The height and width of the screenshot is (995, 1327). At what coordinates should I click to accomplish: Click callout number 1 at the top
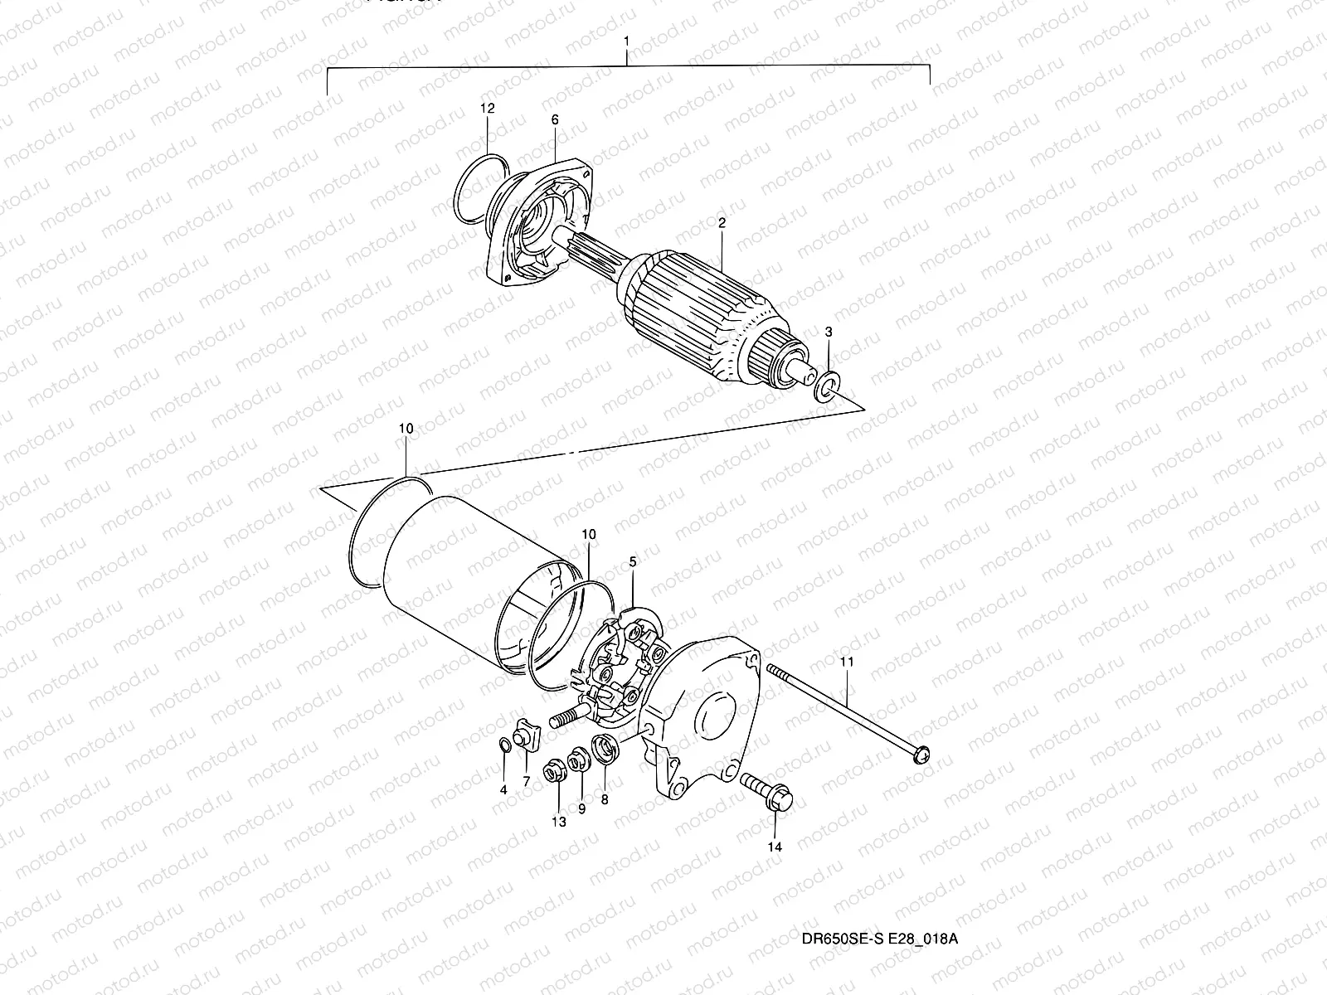(626, 41)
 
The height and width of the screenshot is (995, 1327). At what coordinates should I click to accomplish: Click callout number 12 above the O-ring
(487, 109)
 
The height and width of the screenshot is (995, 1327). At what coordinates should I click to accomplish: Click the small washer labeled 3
(827, 385)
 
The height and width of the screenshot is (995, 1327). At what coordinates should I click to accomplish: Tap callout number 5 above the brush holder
(633, 562)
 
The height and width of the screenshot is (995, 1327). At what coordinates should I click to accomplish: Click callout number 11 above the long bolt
(846, 663)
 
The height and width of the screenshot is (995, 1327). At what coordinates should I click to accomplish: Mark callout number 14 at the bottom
(775, 847)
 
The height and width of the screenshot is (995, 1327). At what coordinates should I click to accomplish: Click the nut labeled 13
(550, 774)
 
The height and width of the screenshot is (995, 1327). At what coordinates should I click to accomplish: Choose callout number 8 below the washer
(604, 799)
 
